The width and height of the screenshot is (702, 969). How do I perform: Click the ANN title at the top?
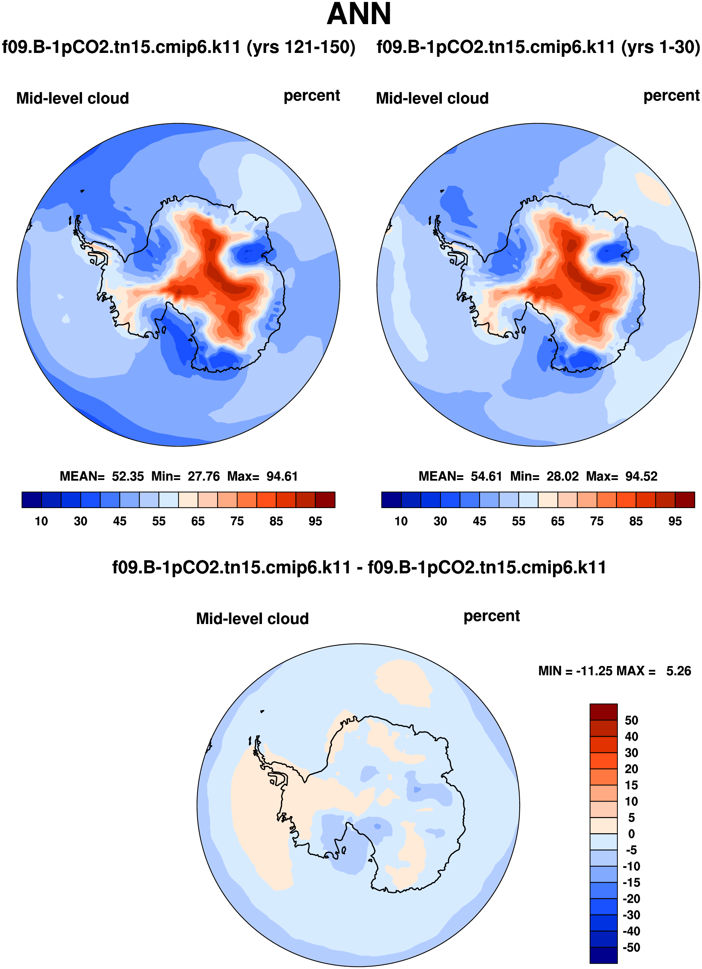point(358,14)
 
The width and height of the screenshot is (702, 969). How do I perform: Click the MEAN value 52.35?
point(128,476)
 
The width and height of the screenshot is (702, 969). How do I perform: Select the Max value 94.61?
point(282,476)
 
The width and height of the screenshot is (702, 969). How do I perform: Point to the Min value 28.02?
point(562,476)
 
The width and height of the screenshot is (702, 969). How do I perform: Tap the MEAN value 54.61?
point(486,476)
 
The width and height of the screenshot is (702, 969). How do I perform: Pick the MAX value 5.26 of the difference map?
point(678,671)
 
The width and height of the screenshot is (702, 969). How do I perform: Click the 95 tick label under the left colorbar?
point(315,521)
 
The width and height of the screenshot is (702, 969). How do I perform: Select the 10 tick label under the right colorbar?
point(401,521)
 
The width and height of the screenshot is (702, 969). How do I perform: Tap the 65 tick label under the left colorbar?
point(198,521)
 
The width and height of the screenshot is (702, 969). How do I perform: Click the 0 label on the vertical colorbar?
point(631,834)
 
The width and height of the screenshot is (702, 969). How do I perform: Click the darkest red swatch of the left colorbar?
point(325,499)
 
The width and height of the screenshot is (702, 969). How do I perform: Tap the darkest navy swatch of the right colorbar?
point(391,499)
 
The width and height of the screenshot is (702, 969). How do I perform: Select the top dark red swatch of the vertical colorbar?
point(603,712)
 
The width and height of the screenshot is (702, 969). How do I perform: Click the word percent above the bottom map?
point(492,616)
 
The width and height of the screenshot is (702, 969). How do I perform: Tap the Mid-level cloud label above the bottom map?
point(252,619)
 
